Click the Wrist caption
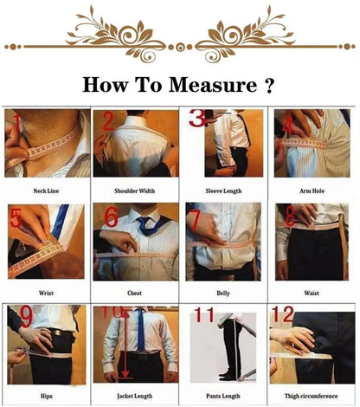point(47,293)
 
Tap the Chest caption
point(135,293)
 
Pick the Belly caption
point(225,293)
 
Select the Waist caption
point(312,293)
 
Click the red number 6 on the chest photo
point(111,217)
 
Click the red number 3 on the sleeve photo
point(197,119)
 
